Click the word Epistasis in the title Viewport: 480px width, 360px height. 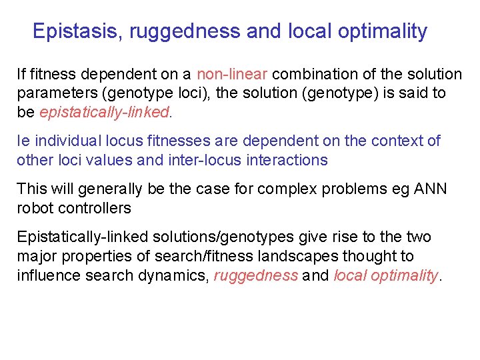click(x=76, y=31)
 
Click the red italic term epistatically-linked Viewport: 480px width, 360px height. click(x=105, y=113)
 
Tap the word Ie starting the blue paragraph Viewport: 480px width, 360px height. click(x=23, y=141)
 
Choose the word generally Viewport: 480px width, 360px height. click(x=110, y=189)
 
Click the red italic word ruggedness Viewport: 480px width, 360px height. click(x=256, y=275)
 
